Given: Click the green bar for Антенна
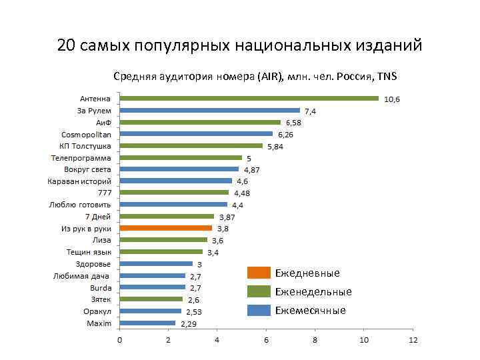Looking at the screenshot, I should [249, 99].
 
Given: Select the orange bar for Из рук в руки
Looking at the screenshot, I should [166, 228].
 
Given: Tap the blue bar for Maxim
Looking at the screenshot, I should [147, 323].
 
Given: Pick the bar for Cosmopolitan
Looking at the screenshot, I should [196, 134].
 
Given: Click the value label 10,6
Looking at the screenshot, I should [392, 99].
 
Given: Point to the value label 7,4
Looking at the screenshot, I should [311, 111].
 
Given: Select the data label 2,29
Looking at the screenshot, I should [187, 324].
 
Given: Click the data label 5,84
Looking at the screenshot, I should [275, 147].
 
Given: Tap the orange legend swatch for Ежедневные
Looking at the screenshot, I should [259, 273].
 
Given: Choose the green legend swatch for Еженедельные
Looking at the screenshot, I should [259, 291].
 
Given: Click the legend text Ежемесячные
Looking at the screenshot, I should [310, 311].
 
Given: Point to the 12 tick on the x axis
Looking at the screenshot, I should [413, 341].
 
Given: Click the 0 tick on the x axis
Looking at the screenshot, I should [120, 341].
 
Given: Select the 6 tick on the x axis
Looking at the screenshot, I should [266, 341].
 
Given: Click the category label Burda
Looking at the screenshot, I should [101, 287].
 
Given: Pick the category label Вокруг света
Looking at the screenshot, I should [87, 169].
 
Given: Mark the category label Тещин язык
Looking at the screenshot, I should [89, 252].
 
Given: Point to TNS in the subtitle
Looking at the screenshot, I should [387, 77].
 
